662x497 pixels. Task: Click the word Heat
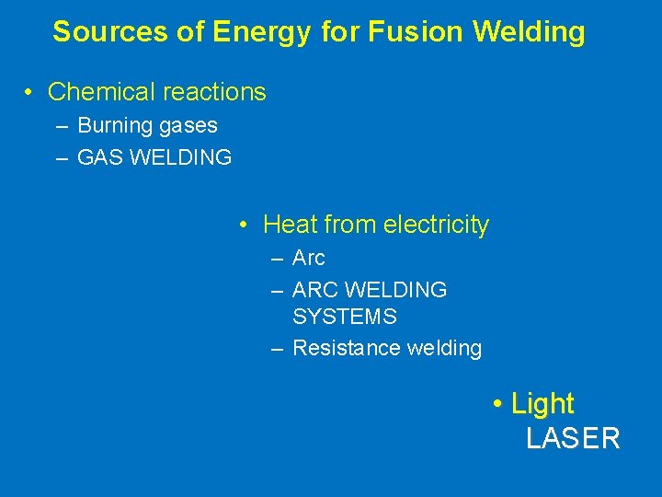tap(290, 224)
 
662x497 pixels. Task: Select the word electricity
tap(436, 224)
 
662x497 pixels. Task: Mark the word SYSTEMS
tap(345, 317)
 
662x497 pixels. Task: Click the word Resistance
tap(338, 348)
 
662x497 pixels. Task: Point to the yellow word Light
tap(542, 403)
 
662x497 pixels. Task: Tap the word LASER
tap(573, 439)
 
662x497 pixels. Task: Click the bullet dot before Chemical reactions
tap(30, 92)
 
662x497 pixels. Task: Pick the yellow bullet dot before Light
tap(496, 403)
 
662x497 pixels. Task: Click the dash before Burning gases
tap(63, 125)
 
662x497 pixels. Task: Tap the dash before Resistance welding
tap(277, 348)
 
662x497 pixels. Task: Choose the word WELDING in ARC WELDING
tap(394, 289)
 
